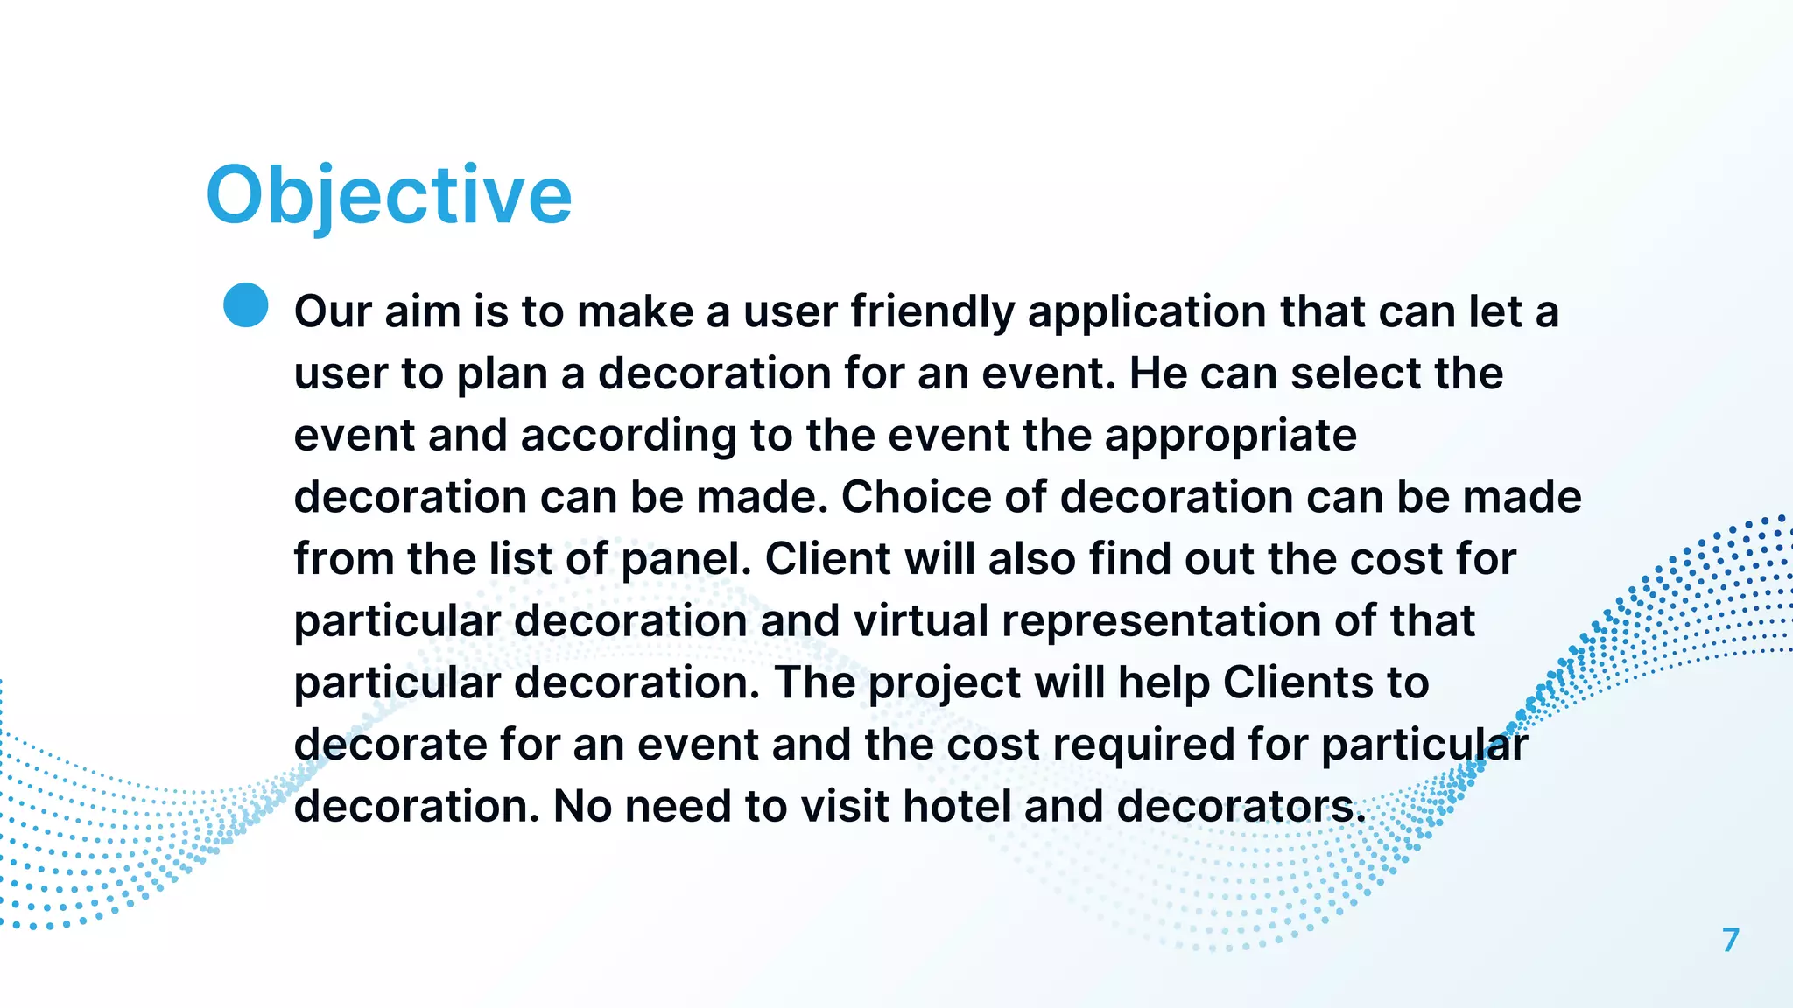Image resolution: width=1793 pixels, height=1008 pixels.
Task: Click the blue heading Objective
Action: click(388, 196)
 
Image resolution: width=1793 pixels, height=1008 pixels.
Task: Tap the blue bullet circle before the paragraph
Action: click(246, 305)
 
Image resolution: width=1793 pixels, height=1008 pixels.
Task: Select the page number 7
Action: click(1730, 941)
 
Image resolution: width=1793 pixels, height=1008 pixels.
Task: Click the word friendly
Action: click(932, 312)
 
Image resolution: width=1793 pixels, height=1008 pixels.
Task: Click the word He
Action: click(1158, 374)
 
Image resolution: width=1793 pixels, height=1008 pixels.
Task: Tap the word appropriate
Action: click(1230, 436)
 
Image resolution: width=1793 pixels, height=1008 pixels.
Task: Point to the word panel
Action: click(686, 559)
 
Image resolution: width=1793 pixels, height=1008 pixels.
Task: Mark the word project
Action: click(945, 683)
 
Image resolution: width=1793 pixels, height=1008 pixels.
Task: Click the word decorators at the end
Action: click(1241, 807)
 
